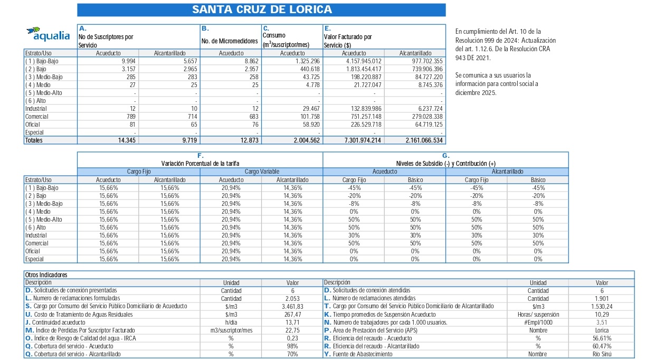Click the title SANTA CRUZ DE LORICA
pos(262,10)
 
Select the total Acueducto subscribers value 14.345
pos(125,140)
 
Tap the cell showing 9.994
pos(128,61)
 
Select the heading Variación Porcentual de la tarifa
pos(200,164)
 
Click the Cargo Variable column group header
pos(261,172)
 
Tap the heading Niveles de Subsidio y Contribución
pos(445,164)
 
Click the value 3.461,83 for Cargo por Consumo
pos(292,306)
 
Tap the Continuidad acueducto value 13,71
pos(292,323)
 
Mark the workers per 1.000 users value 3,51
pos(602,323)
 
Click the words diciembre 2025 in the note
pos(475,92)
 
